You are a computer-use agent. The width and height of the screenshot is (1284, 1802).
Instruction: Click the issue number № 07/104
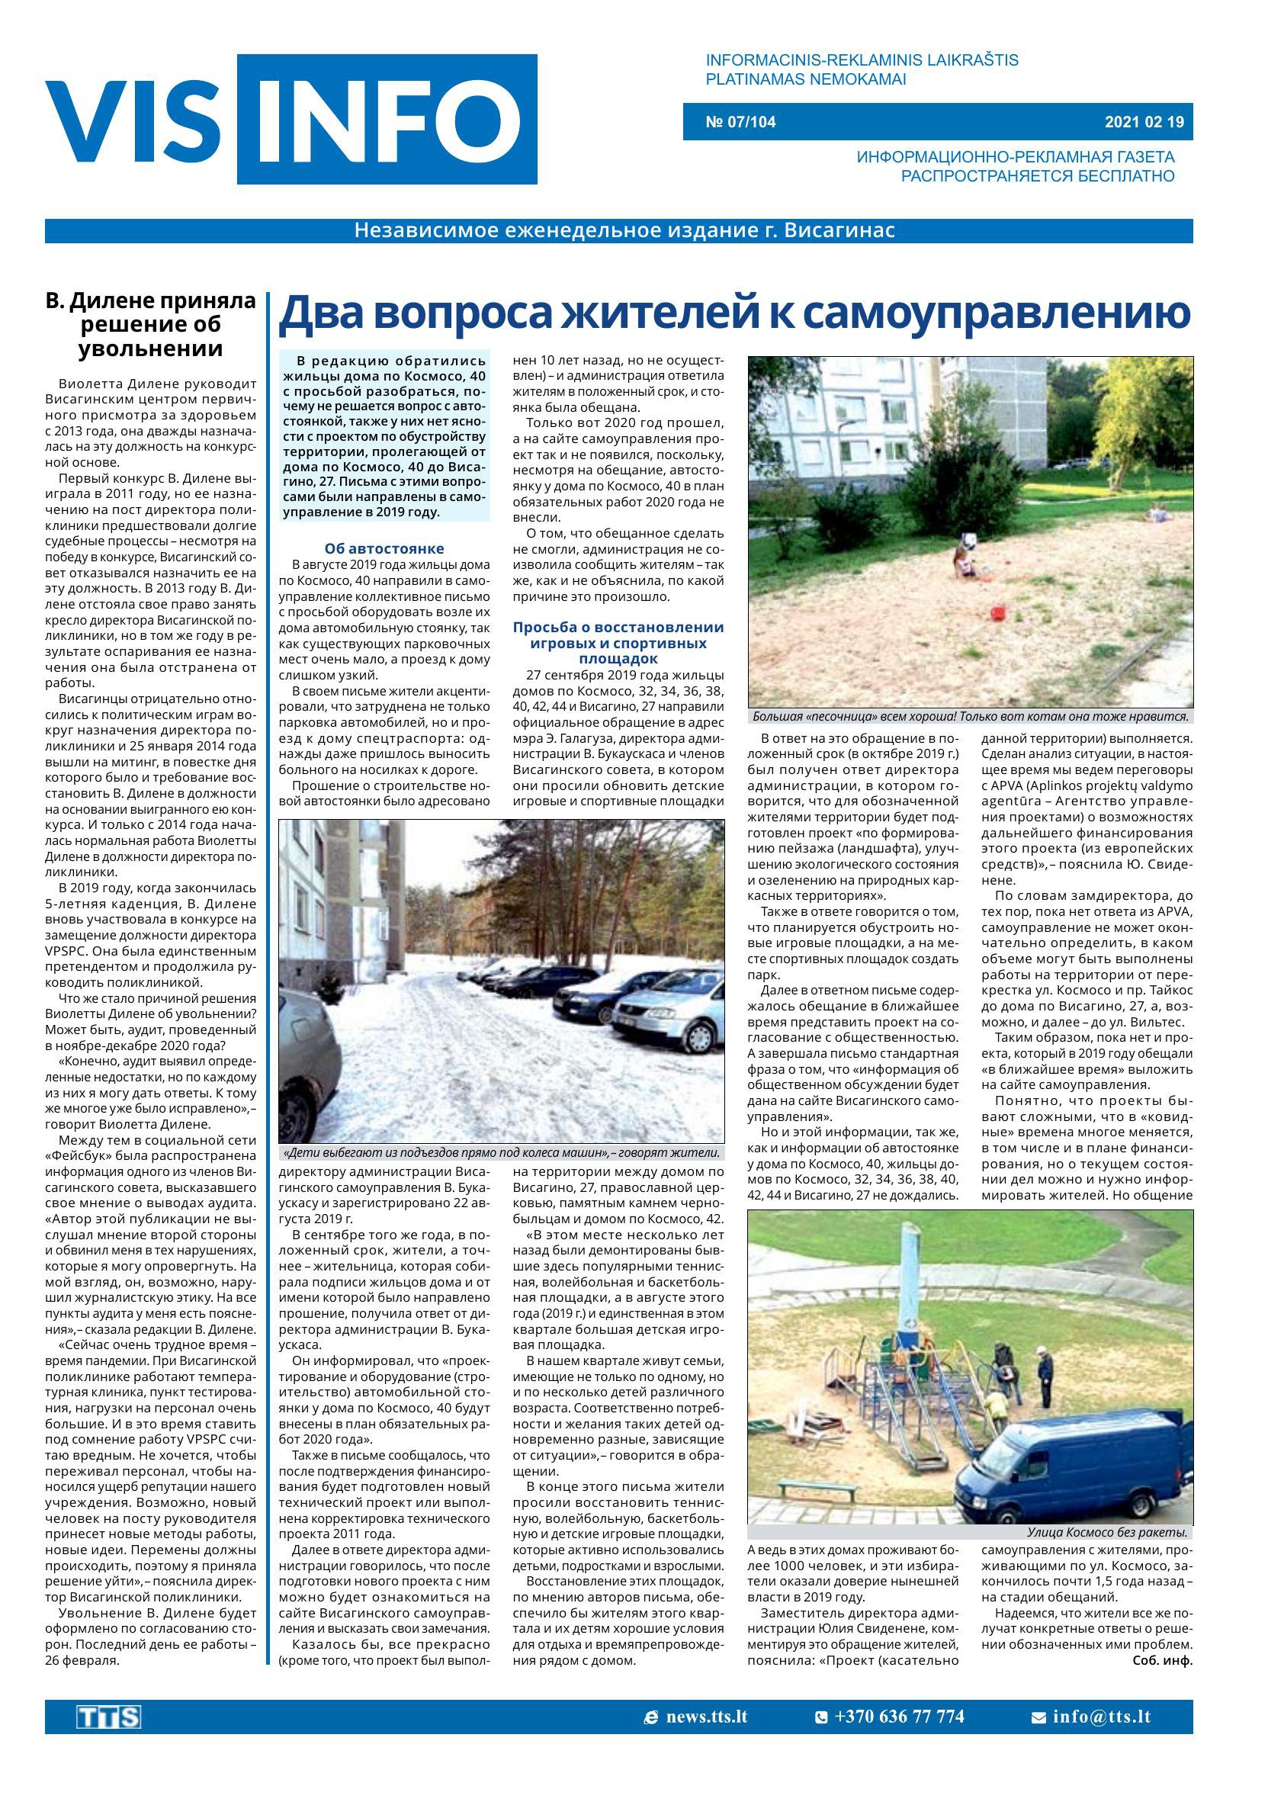(x=740, y=122)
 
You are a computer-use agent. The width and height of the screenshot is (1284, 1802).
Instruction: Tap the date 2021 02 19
(x=1144, y=122)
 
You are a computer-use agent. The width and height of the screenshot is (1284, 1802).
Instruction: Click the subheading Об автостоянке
(x=384, y=549)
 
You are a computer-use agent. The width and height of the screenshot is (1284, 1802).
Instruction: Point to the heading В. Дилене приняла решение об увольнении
(x=151, y=325)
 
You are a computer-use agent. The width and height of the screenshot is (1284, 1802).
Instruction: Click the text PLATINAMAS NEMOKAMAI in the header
(x=806, y=80)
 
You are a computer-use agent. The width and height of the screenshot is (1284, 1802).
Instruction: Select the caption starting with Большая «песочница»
(x=970, y=717)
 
